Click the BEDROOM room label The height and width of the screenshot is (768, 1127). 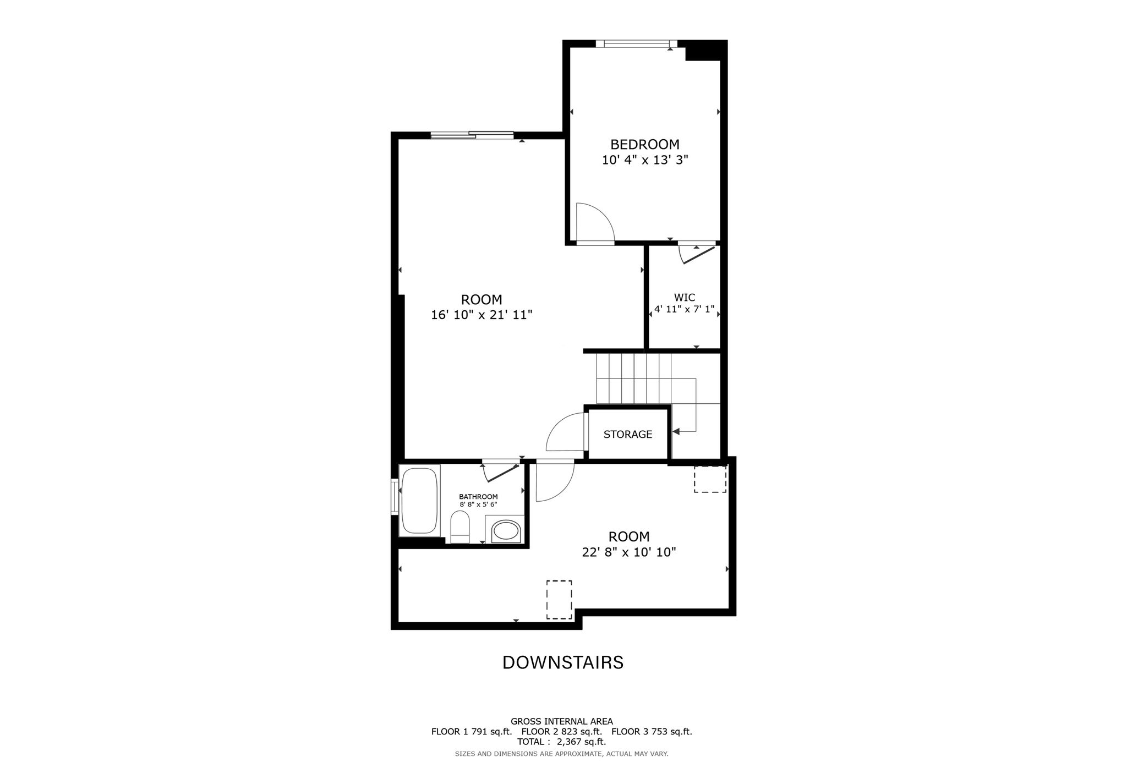coord(645,145)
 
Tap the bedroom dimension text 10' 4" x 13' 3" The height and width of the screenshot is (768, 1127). coord(645,160)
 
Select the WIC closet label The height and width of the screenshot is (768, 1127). coord(685,298)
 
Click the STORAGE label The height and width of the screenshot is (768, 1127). coord(628,434)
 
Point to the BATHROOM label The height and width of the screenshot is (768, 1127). coord(478,496)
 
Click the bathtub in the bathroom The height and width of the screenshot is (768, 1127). coord(420,500)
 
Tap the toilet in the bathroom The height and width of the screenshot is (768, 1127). coord(459,526)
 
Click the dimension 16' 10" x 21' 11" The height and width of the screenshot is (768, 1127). coord(482,315)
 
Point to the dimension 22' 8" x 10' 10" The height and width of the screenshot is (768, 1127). coord(629,552)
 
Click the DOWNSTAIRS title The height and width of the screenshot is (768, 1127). coord(563,662)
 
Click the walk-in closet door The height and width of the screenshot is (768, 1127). coord(698,255)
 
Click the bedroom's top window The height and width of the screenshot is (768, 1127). coord(636,43)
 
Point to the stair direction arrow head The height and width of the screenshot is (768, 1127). coord(676,432)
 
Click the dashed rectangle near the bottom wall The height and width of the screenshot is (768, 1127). coord(559,600)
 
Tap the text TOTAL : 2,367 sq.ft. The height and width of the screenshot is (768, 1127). coord(561,742)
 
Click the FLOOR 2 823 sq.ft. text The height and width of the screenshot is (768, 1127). coord(561,732)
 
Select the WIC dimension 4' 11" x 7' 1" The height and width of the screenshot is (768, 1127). coord(684,309)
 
